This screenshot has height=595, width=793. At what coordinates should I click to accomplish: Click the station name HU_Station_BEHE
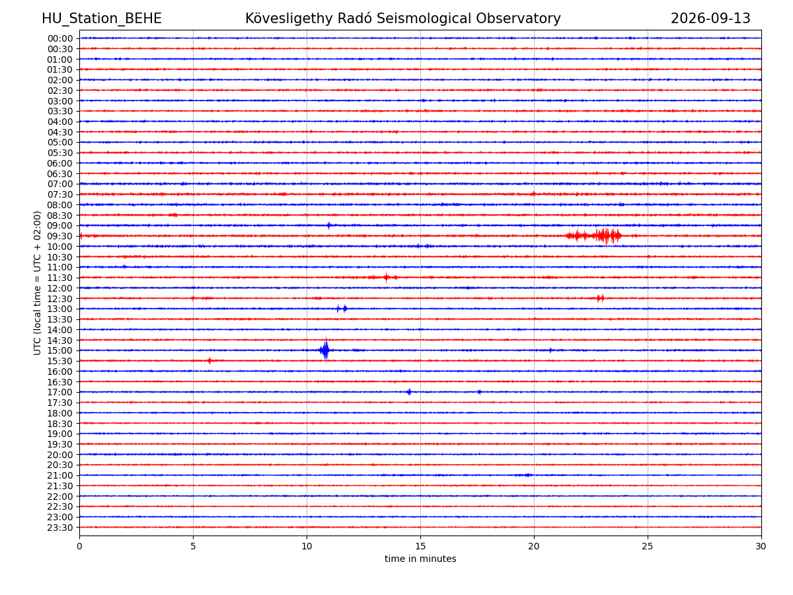pos(102,19)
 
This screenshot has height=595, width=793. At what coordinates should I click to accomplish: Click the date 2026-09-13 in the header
pos(710,19)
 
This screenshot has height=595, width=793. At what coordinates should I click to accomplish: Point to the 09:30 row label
pos(59,236)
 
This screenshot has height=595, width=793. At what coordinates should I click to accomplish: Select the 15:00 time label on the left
pos(59,350)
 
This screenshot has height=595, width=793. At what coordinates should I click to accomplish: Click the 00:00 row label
pos(60,38)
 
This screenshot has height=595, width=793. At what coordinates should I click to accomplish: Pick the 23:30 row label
pos(59,528)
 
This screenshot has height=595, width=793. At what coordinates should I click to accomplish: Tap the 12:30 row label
pos(59,299)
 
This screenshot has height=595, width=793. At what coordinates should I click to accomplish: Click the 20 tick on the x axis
pos(533,546)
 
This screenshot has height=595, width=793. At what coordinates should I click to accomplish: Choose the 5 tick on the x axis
pos(193,546)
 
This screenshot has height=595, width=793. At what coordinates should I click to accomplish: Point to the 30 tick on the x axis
pos(761,546)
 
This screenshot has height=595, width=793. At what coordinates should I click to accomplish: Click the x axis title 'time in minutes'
pos(420,559)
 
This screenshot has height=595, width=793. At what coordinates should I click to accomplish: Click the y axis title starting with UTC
pos(37,283)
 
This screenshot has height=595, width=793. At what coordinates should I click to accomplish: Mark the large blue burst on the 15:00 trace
pos(324,350)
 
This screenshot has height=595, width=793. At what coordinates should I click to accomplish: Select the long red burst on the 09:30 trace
pos(593,236)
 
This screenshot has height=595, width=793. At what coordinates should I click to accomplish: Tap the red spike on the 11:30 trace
pos(386,278)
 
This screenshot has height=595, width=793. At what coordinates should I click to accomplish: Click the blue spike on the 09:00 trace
pos(328,225)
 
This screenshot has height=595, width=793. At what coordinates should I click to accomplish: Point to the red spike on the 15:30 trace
pos(209,360)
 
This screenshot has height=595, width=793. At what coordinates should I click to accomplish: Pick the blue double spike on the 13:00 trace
pos(342,309)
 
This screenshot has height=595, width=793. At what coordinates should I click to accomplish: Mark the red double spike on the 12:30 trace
pos(600,298)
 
